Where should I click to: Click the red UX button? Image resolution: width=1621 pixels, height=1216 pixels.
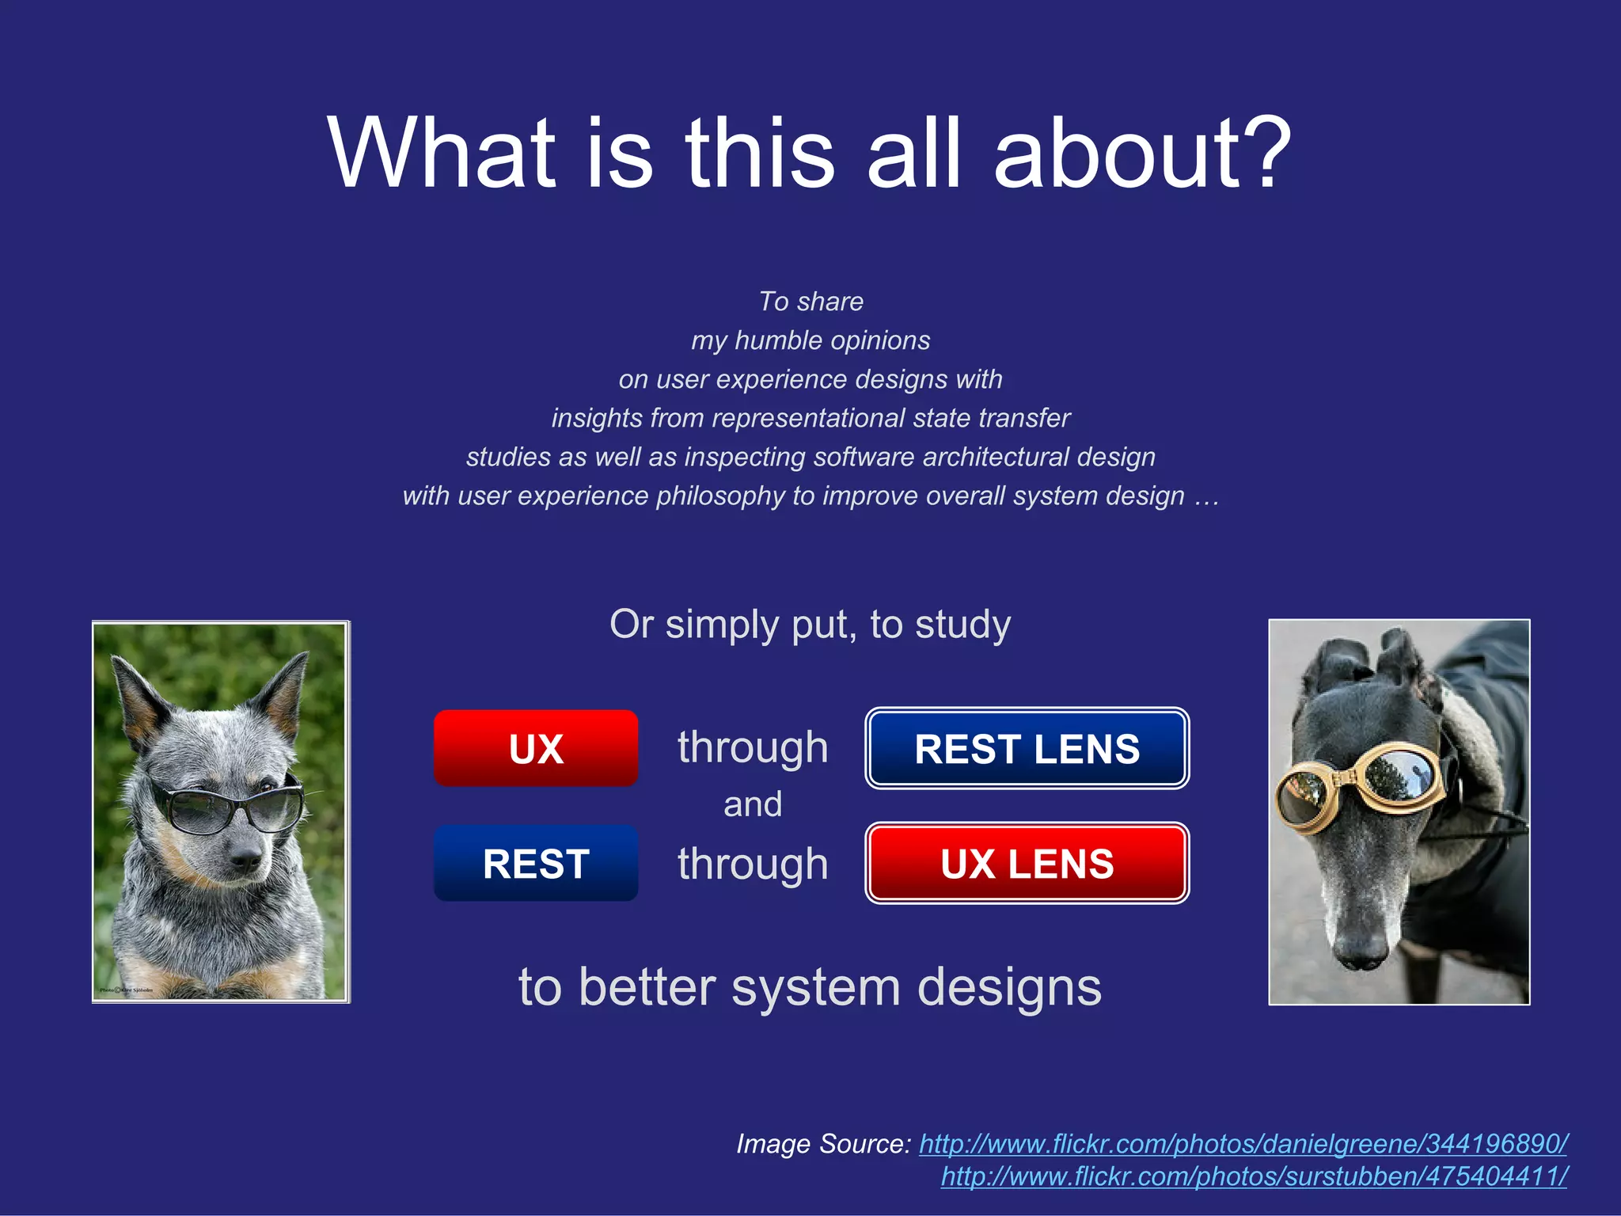pyautogui.click(x=536, y=748)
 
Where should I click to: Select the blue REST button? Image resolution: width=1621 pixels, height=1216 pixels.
pyautogui.click(x=536, y=863)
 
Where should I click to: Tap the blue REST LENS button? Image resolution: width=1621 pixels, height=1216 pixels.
pyautogui.click(x=1027, y=748)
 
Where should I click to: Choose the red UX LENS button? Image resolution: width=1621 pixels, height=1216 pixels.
pyautogui.click(x=1027, y=863)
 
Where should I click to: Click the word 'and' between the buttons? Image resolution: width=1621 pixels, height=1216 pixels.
pyautogui.click(x=752, y=805)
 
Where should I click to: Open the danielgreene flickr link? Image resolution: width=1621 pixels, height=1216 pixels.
pyautogui.click(x=1243, y=1144)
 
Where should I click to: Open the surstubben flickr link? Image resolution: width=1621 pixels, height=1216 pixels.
pyautogui.click(x=1254, y=1176)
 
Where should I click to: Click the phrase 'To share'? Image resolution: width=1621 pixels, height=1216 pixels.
pyautogui.click(x=810, y=302)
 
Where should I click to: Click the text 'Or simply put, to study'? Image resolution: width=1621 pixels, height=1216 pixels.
pyautogui.click(x=810, y=625)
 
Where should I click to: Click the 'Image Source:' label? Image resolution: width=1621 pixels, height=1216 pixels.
pyautogui.click(x=823, y=1144)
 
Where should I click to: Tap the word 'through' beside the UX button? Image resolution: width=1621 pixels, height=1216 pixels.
pyautogui.click(x=752, y=748)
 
